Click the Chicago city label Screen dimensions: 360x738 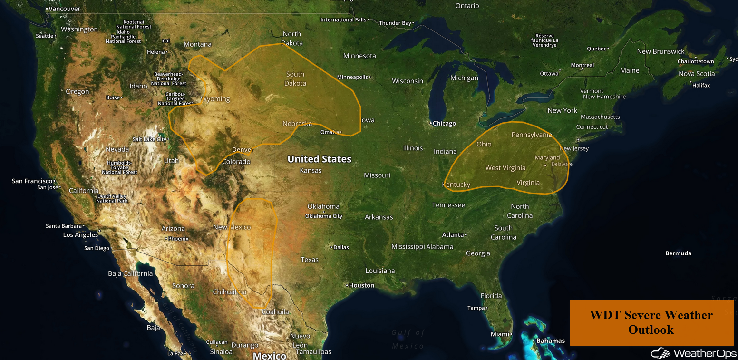[444, 124]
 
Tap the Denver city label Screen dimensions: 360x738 [242, 150]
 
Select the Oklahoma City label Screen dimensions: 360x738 [323, 216]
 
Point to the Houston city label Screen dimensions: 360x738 [361, 285]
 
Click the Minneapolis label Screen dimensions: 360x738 [352, 77]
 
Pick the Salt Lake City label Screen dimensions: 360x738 [149, 139]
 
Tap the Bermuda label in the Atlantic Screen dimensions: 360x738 [678, 253]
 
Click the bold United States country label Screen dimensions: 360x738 [319, 159]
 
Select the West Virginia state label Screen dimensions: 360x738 [505, 168]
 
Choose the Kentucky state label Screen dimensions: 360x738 [456, 185]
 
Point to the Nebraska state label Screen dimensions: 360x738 [297, 124]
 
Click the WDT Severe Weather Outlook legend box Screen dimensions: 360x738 [651, 322]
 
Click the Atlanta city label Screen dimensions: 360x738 [453, 235]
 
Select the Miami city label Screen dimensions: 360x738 [500, 334]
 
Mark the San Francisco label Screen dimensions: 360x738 [32, 181]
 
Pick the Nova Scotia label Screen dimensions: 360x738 [697, 74]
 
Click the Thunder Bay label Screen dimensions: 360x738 [395, 23]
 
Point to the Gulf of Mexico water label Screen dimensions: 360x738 [408, 339]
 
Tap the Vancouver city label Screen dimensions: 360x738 [64, 9]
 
